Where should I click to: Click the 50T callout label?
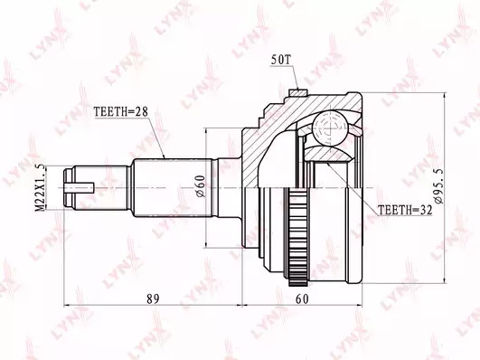(280, 60)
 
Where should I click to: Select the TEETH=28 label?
(120, 111)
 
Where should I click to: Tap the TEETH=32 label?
(405, 210)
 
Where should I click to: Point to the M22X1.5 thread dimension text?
(40, 187)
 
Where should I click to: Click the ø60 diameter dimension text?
(200, 186)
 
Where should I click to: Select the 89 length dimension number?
(153, 298)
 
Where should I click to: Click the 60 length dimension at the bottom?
(302, 298)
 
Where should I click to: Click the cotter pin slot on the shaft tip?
(79, 187)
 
